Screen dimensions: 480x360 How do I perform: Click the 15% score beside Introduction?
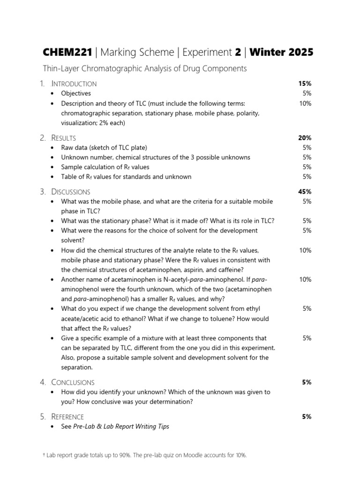click(x=304, y=83)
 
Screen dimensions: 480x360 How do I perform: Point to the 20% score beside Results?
click(x=304, y=138)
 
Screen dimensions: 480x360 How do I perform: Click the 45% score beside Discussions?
click(x=304, y=192)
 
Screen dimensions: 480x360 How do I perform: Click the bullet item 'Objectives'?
click(x=76, y=93)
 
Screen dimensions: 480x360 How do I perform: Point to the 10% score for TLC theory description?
click(x=305, y=103)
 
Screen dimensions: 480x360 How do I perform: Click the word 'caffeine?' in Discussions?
click(x=229, y=270)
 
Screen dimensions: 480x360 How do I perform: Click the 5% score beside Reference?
click(x=306, y=417)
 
